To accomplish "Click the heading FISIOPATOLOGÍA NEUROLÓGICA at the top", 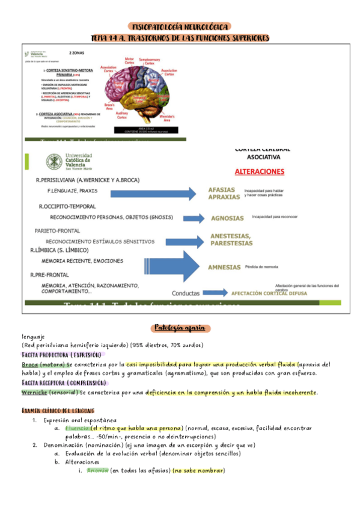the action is pyautogui.click(x=180, y=26).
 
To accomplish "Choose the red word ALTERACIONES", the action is pyautogui.click(x=259, y=171).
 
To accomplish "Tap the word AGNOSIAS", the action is pyautogui.click(x=227, y=218).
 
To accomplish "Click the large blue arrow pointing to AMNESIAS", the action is pyautogui.click(x=174, y=266).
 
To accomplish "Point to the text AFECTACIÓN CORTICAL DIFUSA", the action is pyautogui.click(x=269, y=293).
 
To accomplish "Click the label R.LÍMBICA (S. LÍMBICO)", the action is pyautogui.click(x=59, y=250).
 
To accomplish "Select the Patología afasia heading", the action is pyautogui.click(x=180, y=328).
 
